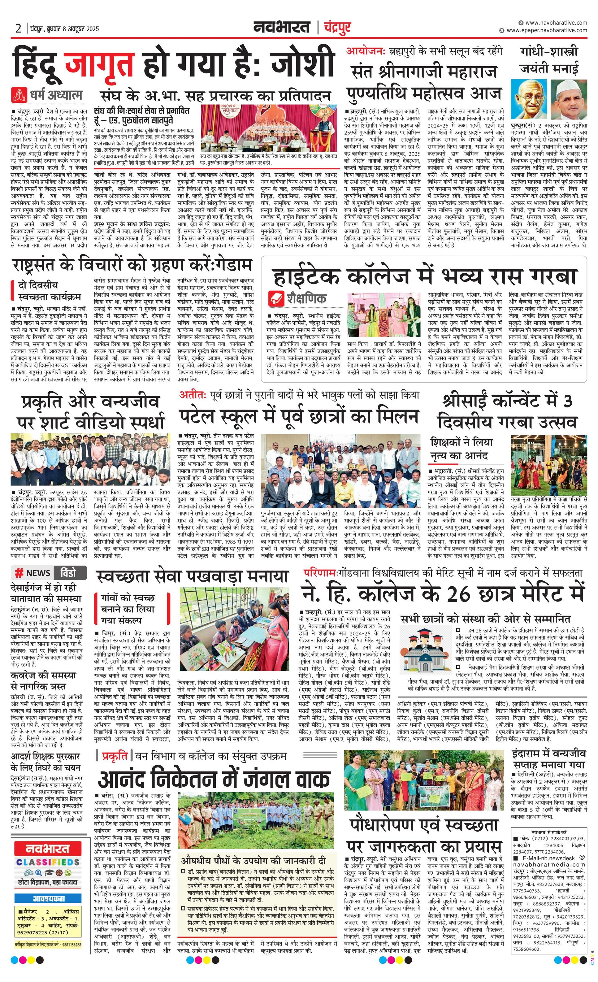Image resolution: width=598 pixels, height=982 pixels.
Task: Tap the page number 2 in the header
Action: pos(18,28)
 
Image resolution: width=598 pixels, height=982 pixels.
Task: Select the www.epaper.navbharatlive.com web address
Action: pos(546,30)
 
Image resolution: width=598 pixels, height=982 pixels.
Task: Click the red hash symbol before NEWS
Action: pos(19,573)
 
